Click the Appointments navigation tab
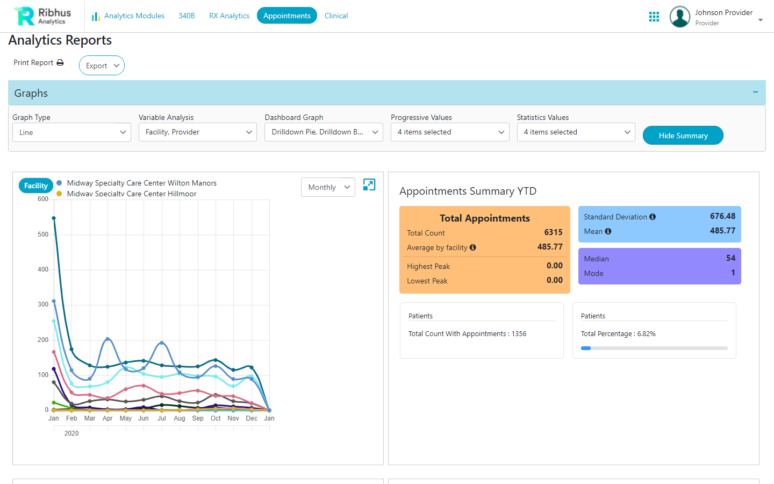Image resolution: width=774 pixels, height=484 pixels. click(286, 16)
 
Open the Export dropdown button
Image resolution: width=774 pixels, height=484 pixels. click(102, 66)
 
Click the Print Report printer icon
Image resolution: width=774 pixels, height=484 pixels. click(60, 63)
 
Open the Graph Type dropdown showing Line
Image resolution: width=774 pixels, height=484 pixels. click(71, 132)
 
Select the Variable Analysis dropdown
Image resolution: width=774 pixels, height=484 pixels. click(197, 132)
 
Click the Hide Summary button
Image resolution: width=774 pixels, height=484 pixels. click(683, 136)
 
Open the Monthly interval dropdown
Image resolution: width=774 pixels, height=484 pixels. click(328, 187)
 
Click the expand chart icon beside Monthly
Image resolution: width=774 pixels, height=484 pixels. click(369, 185)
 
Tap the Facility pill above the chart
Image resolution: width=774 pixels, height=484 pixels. click(36, 186)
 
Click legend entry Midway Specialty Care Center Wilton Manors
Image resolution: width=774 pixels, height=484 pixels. click(141, 183)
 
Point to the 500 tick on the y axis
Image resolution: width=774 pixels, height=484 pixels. click(43, 234)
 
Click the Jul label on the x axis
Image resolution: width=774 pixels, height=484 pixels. click(162, 418)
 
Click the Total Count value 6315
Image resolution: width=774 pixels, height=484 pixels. click(553, 232)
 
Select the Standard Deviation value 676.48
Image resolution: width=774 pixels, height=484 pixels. click(722, 216)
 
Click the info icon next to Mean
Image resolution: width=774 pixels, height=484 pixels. click(608, 231)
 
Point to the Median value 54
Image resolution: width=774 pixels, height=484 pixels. click(730, 258)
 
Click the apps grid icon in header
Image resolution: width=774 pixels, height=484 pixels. click(654, 17)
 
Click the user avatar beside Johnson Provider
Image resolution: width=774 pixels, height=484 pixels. click(680, 17)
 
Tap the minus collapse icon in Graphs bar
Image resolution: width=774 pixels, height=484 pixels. click(755, 92)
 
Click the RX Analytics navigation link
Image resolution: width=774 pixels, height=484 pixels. click(229, 16)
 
